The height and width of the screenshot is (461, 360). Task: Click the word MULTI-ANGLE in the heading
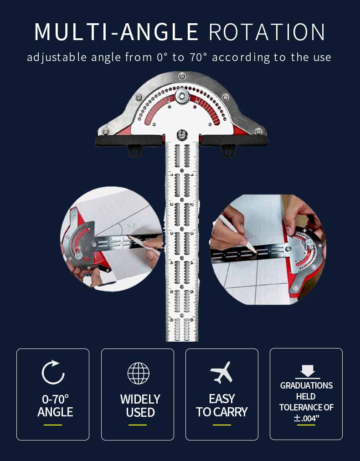coord(117,31)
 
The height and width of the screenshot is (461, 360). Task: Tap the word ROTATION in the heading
coord(267,31)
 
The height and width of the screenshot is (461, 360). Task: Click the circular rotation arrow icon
coord(53,372)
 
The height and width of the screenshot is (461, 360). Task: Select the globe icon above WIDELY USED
coord(138,373)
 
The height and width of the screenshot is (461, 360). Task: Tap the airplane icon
coord(222,373)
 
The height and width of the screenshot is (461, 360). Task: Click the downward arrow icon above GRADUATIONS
coord(307,372)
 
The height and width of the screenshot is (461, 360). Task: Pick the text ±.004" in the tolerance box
coord(306,418)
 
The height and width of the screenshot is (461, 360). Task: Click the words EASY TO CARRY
coord(222,405)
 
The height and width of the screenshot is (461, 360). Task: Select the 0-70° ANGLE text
coord(55,405)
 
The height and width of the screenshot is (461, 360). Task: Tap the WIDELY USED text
coord(140,405)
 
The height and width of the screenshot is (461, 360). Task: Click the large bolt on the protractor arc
coord(182,96)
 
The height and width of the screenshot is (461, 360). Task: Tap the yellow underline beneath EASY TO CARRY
coord(222,425)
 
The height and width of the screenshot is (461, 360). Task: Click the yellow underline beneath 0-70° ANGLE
coord(53,425)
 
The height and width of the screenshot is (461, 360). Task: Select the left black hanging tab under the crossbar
coord(135,151)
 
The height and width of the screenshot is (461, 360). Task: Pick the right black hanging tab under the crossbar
coord(228,151)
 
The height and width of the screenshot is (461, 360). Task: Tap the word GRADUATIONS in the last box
coord(306,385)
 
